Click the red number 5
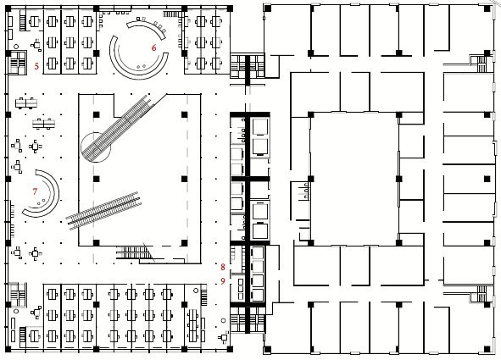click(36, 66)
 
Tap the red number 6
click(154, 48)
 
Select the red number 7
click(35, 191)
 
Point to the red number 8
click(223, 267)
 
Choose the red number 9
click(223, 281)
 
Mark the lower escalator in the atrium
click(103, 211)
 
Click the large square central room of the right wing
click(354, 179)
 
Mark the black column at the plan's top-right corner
click(487, 8)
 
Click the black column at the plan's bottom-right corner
click(487, 349)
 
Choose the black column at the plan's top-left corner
click(8, 8)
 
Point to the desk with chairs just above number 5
click(36, 45)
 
